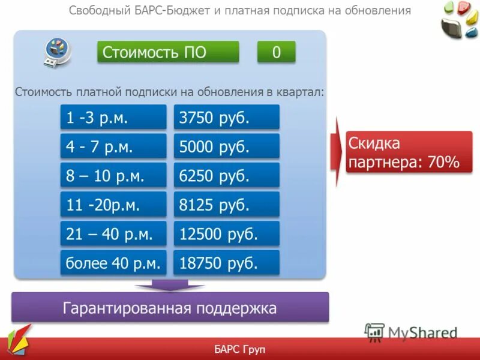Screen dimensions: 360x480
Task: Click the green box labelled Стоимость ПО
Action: click(168, 52)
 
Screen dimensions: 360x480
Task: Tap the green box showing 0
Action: click(276, 52)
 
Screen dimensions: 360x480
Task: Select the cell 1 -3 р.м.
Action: click(113, 117)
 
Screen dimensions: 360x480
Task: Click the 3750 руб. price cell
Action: click(227, 117)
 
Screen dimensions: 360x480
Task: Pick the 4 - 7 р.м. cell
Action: click(113, 146)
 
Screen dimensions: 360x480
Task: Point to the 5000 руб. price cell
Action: click(227, 146)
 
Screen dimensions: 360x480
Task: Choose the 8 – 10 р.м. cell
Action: click(113, 175)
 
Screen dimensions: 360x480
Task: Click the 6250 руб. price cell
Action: click(227, 175)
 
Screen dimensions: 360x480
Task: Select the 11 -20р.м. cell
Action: click(113, 205)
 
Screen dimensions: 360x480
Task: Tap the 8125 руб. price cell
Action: click(227, 205)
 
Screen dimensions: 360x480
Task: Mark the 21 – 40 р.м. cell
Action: click(113, 233)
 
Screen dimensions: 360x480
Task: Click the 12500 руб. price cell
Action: click(227, 233)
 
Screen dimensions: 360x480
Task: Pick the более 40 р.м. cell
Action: click(113, 263)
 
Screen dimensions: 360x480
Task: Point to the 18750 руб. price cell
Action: click(227, 263)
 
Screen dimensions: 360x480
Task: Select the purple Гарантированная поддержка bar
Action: click(170, 308)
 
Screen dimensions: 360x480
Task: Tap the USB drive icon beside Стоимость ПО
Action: click(58, 52)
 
